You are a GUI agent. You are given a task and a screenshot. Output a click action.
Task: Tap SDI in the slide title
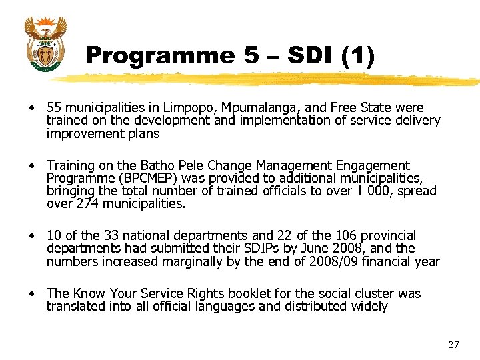pyautogui.click(x=303, y=55)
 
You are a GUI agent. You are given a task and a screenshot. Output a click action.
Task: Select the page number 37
pyautogui.click(x=454, y=345)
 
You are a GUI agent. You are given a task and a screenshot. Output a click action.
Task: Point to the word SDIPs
pyautogui.click(x=243, y=249)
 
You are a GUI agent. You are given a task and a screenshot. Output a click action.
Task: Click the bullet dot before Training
pyautogui.click(x=31, y=165)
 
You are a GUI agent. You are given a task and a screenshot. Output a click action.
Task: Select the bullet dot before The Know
pyautogui.click(x=31, y=294)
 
